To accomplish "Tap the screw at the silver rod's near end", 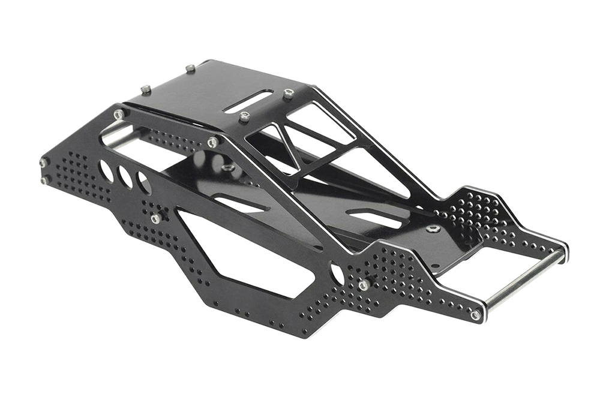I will [475, 314].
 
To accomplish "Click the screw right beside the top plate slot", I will [289, 93].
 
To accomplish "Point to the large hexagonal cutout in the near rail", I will [240, 252].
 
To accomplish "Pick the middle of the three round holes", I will [125, 177].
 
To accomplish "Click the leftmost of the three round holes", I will [107, 170].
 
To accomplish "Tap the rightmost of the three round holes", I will [144, 183].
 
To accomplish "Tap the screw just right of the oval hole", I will [364, 285].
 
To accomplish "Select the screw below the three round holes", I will [155, 219].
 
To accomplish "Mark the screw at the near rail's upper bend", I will [212, 142].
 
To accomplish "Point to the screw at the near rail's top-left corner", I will [119, 113].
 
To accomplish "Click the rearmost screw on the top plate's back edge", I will [190, 69].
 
